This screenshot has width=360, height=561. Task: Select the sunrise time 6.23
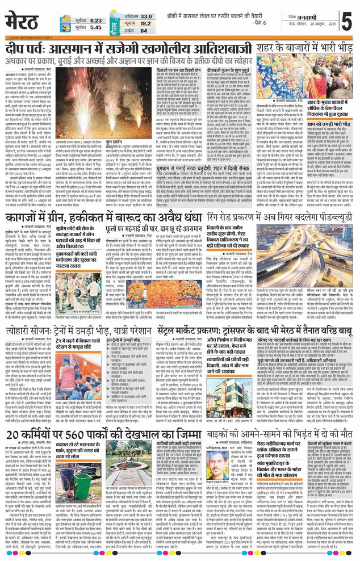(95, 19)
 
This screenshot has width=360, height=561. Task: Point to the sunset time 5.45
(95, 27)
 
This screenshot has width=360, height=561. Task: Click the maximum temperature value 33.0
(146, 16)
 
